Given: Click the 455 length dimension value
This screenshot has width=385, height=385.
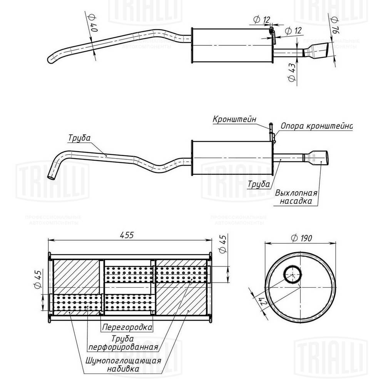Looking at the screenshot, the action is (x=130, y=236).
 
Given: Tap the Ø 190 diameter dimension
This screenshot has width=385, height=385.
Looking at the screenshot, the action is (x=301, y=238).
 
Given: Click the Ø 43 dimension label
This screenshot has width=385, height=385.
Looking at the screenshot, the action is (x=291, y=71).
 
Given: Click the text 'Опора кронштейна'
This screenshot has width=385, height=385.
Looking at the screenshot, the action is (x=316, y=126).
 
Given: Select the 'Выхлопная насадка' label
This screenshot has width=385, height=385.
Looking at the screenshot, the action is (x=296, y=197).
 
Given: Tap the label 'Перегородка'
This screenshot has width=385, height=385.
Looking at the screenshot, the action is (x=127, y=328).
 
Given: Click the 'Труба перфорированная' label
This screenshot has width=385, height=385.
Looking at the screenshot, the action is (x=123, y=343).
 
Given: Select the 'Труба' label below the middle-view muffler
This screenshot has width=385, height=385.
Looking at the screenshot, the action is (x=259, y=184).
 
